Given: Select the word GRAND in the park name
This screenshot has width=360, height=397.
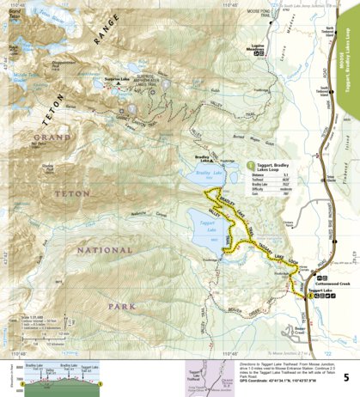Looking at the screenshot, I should [x=53, y=137].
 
